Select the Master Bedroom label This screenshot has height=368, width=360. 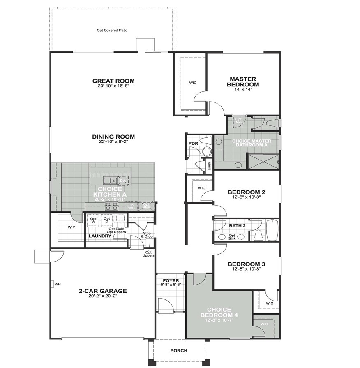coord(243,81)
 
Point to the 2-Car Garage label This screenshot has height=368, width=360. coord(103,291)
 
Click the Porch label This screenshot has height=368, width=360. coord(179,351)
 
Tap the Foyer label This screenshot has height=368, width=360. coord(171,281)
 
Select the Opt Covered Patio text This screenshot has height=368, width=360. coord(111,30)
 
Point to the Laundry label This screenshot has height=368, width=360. coord(100,236)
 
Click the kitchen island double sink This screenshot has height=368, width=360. coord(110,181)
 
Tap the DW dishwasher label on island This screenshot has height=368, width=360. coord(123,181)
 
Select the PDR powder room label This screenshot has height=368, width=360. coord(193,143)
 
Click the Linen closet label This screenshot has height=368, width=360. coord(209,166)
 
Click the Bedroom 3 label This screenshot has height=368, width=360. coord(246,264)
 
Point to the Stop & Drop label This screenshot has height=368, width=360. coord(146,235)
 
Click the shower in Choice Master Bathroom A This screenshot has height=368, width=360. coord(263,161)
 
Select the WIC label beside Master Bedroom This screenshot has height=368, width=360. coord(193,83)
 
